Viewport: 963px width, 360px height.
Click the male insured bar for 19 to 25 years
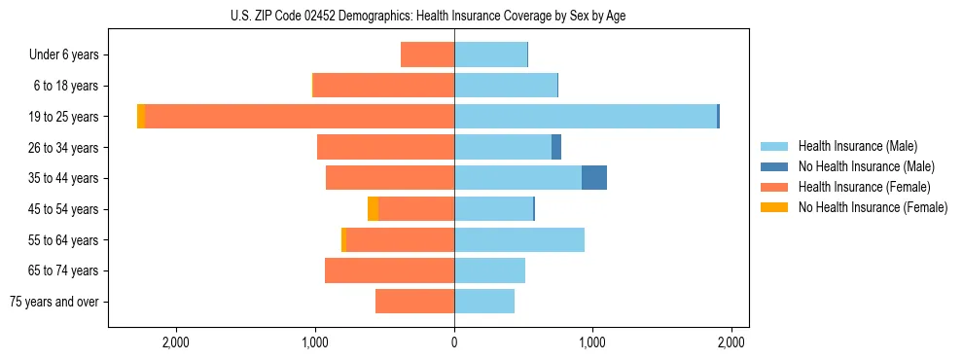pyautogui.click(x=585, y=116)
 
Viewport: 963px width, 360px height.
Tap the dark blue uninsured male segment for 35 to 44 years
pyautogui.click(x=594, y=178)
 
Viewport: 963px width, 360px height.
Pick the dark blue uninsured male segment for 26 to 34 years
pyautogui.click(x=556, y=147)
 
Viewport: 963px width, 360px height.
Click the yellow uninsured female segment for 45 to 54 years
pyautogui.click(x=373, y=209)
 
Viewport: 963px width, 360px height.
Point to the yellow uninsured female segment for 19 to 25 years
pyautogui.click(x=141, y=116)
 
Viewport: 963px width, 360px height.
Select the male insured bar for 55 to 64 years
pyautogui.click(x=519, y=239)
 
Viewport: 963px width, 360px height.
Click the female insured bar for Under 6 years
pyautogui.click(x=427, y=54)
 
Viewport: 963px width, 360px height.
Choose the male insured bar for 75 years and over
pyautogui.click(x=484, y=302)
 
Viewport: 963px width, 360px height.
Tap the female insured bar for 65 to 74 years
pyautogui.click(x=389, y=270)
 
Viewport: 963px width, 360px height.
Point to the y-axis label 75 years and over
pyautogui.click(x=54, y=302)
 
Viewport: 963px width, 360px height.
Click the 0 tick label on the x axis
pyautogui.click(x=454, y=342)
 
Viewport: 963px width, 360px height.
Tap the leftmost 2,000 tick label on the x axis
pyautogui.click(x=176, y=342)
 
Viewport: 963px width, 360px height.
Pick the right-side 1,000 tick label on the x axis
pyautogui.click(x=592, y=342)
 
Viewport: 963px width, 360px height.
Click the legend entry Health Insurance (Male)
pyautogui.click(x=857, y=146)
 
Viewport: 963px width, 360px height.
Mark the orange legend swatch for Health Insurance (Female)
pyautogui.click(x=774, y=187)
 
